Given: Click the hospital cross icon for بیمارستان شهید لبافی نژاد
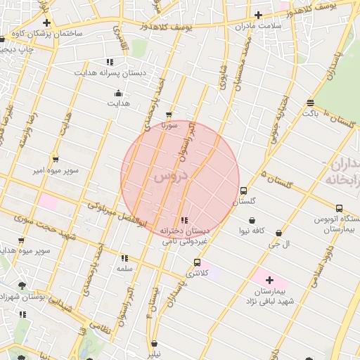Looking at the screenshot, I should point(269,280).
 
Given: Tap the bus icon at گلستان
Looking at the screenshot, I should point(243,191).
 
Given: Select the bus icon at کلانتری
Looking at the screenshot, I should point(196,262).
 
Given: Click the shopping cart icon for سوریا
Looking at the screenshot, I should point(168,115).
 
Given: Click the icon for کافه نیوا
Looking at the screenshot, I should point(252,221).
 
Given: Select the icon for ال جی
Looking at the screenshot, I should point(279,233).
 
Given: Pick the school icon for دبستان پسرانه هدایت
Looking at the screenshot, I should point(109,62).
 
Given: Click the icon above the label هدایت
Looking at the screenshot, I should point(118,93).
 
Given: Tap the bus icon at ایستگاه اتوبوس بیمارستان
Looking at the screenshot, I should point(339,208).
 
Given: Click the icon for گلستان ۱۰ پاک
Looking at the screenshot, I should point(310,103).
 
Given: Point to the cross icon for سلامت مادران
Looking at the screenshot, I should point(258,15).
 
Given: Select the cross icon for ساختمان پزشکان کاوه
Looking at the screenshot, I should point(46,22).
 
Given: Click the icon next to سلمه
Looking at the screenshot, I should point(124,258).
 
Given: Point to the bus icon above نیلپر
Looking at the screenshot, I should point(154,344).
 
